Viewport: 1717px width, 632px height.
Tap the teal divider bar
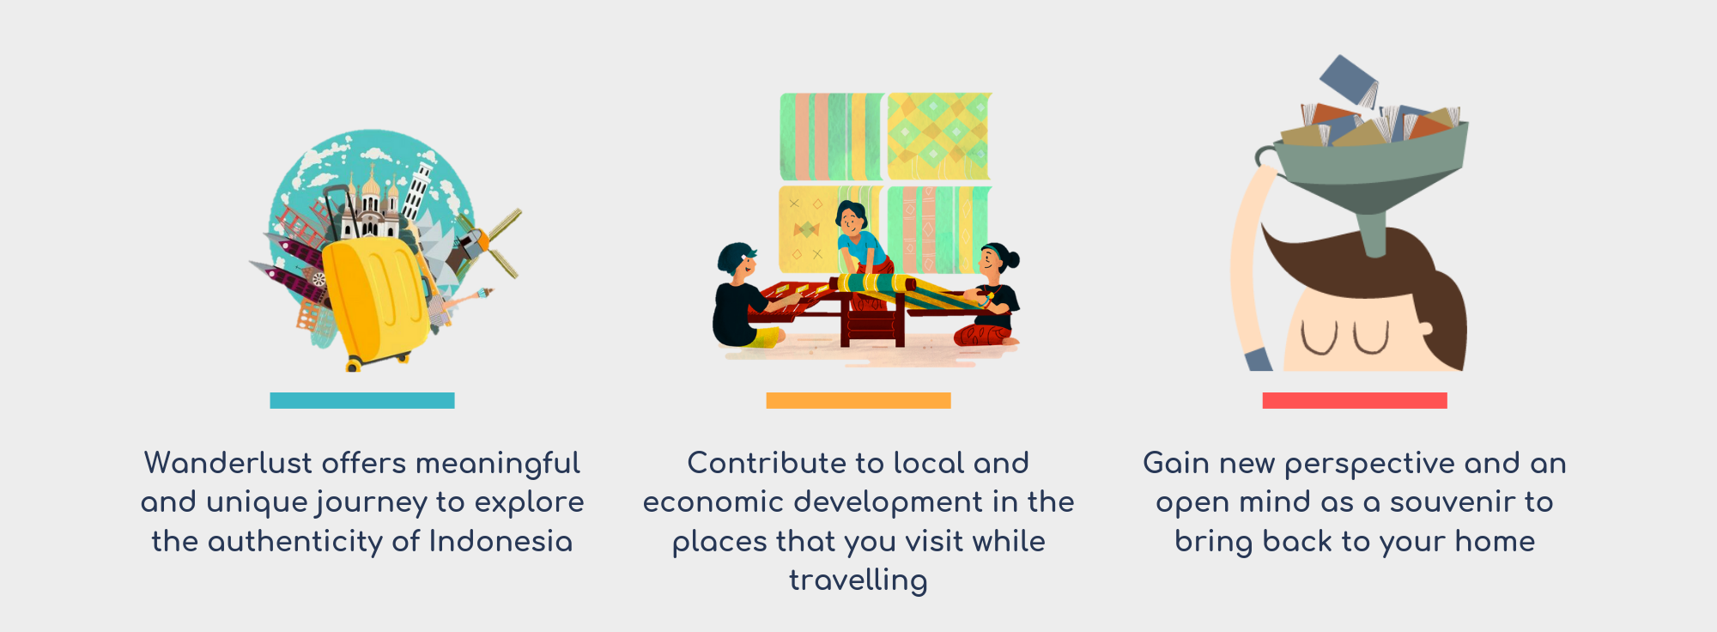pyautogui.click(x=362, y=400)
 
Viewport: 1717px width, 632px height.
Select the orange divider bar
pyautogui.click(x=858, y=400)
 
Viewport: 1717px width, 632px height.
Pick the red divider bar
pyautogui.click(x=1355, y=400)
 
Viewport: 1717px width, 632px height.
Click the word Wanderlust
pyautogui.click(x=228, y=463)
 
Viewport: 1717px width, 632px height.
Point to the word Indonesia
pyautogui.click(x=501, y=541)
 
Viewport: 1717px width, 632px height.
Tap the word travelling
pyautogui.click(x=858, y=580)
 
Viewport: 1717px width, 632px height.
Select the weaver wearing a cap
pyautogui.click(x=747, y=296)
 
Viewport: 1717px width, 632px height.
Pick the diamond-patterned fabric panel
pyautogui.click(x=938, y=137)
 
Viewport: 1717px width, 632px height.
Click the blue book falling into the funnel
pyautogui.click(x=1349, y=80)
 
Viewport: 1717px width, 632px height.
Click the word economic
pyautogui.click(x=714, y=502)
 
